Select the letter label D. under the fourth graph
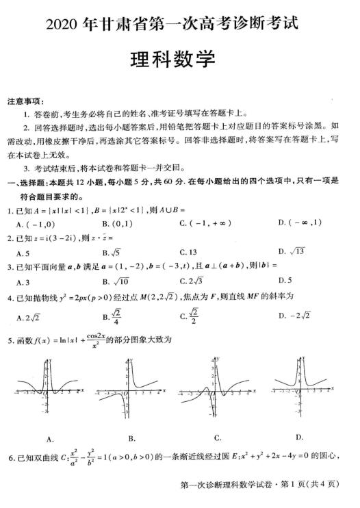pos(299,436)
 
